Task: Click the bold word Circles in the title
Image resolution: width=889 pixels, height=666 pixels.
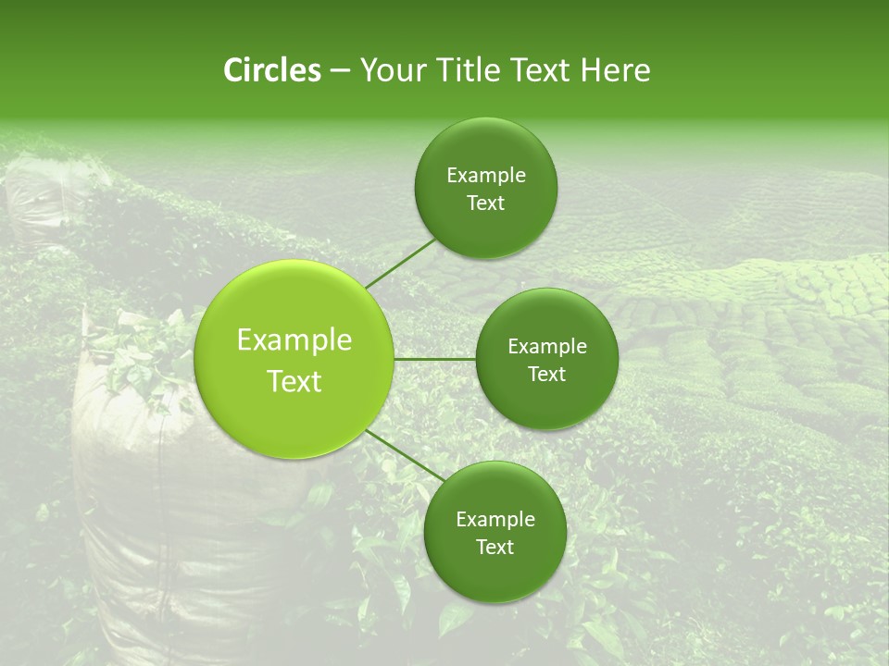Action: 271,70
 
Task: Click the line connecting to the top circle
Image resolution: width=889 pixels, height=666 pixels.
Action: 401,264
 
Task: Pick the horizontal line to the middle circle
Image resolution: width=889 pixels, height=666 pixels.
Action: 434,359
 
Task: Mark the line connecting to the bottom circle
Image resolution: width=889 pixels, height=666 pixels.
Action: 406,455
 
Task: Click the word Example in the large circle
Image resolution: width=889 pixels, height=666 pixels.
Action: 294,340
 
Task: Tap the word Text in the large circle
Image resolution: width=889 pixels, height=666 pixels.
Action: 294,381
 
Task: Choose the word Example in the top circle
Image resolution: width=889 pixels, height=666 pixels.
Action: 485,176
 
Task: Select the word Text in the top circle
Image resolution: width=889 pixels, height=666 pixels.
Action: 485,203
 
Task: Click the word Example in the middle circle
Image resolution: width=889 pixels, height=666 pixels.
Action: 546,347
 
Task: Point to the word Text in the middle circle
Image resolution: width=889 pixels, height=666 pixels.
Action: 546,375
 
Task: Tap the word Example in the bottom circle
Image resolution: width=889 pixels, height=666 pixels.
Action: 495,519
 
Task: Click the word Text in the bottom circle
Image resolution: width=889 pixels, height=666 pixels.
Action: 495,547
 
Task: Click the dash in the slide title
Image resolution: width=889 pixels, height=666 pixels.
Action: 340,70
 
